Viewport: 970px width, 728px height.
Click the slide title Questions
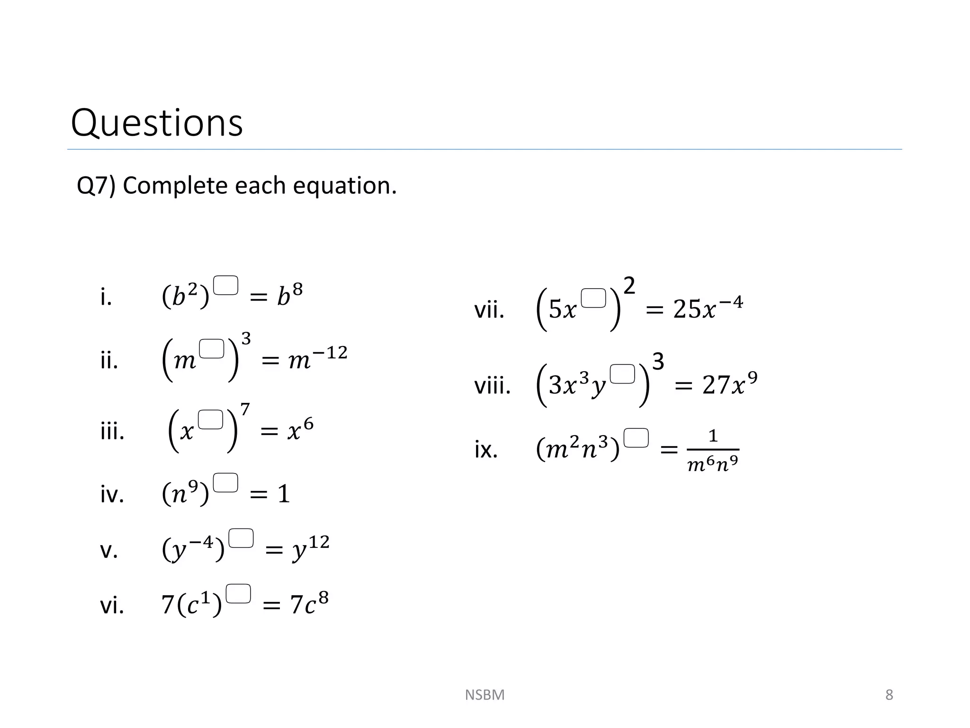(157, 123)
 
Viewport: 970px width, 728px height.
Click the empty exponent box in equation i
(225, 285)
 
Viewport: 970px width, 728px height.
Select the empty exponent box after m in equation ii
(211, 349)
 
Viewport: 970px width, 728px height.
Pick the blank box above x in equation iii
(210, 419)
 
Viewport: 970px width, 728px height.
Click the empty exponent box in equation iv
(225, 482)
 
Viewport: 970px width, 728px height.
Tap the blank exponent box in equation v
(241, 538)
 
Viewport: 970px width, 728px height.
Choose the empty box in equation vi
(238, 593)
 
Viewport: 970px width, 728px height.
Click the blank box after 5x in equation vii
(593, 298)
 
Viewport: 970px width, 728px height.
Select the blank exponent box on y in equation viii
(622, 374)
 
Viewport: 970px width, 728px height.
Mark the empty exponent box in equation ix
(636, 438)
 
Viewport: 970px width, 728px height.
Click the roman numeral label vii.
(489, 311)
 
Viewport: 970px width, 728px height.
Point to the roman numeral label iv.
(112, 494)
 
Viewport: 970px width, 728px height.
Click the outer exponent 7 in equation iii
(245, 409)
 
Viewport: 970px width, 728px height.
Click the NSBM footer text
(485, 695)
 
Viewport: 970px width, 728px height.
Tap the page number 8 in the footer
(889, 695)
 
